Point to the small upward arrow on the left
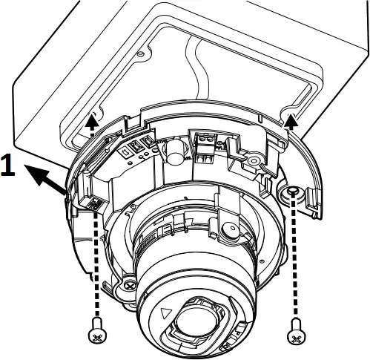click(90, 120)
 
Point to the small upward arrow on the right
click(291, 120)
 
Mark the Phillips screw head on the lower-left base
click(131, 285)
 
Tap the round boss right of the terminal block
click(254, 159)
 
